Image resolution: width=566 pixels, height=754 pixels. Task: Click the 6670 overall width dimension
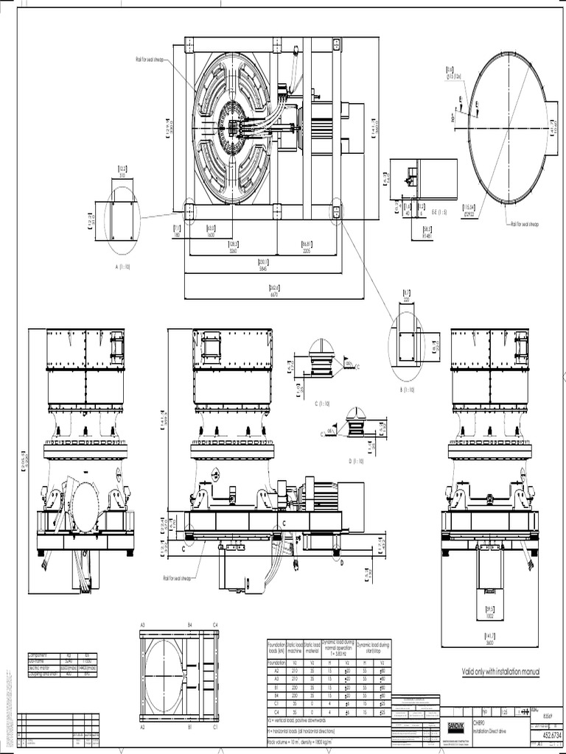(274, 294)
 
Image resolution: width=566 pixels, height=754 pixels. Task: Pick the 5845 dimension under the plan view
(263, 268)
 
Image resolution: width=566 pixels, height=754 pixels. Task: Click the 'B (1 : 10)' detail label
(406, 390)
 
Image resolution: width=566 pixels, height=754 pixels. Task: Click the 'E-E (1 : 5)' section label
(439, 211)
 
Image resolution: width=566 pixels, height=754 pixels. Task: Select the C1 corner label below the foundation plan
(214, 726)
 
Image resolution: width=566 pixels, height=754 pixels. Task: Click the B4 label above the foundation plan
(189, 625)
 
